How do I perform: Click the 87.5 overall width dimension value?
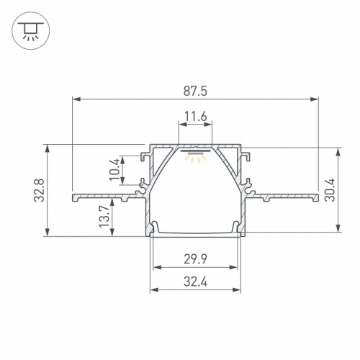point(195,91)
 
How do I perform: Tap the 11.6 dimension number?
point(195,115)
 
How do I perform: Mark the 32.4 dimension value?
point(195,283)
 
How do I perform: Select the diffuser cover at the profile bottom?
point(195,232)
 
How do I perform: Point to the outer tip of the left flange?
point(73,196)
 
